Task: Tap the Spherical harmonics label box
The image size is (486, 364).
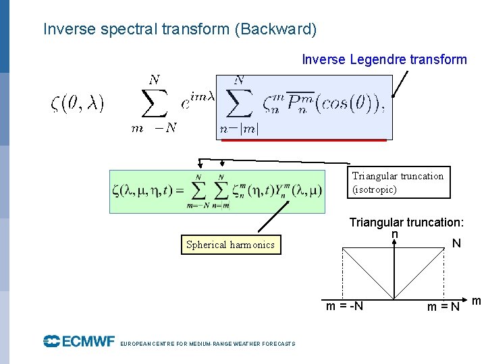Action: click(x=230, y=245)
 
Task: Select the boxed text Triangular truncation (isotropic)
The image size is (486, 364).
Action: click(x=398, y=183)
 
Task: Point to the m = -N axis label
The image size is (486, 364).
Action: click(x=344, y=307)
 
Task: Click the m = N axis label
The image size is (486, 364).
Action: click(x=443, y=307)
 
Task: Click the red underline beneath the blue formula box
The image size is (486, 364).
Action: click(x=301, y=140)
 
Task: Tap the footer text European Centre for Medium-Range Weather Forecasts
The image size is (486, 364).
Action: click(x=207, y=344)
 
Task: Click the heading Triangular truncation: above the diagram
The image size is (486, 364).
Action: click(x=406, y=222)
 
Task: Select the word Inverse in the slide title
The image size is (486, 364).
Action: click(x=66, y=30)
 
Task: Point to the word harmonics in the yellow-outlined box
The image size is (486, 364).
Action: click(x=252, y=245)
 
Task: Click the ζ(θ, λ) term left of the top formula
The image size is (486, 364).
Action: click(x=78, y=103)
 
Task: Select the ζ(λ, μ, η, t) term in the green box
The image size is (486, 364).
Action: click(x=142, y=191)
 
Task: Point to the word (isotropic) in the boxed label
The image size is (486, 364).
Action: click(x=375, y=189)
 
